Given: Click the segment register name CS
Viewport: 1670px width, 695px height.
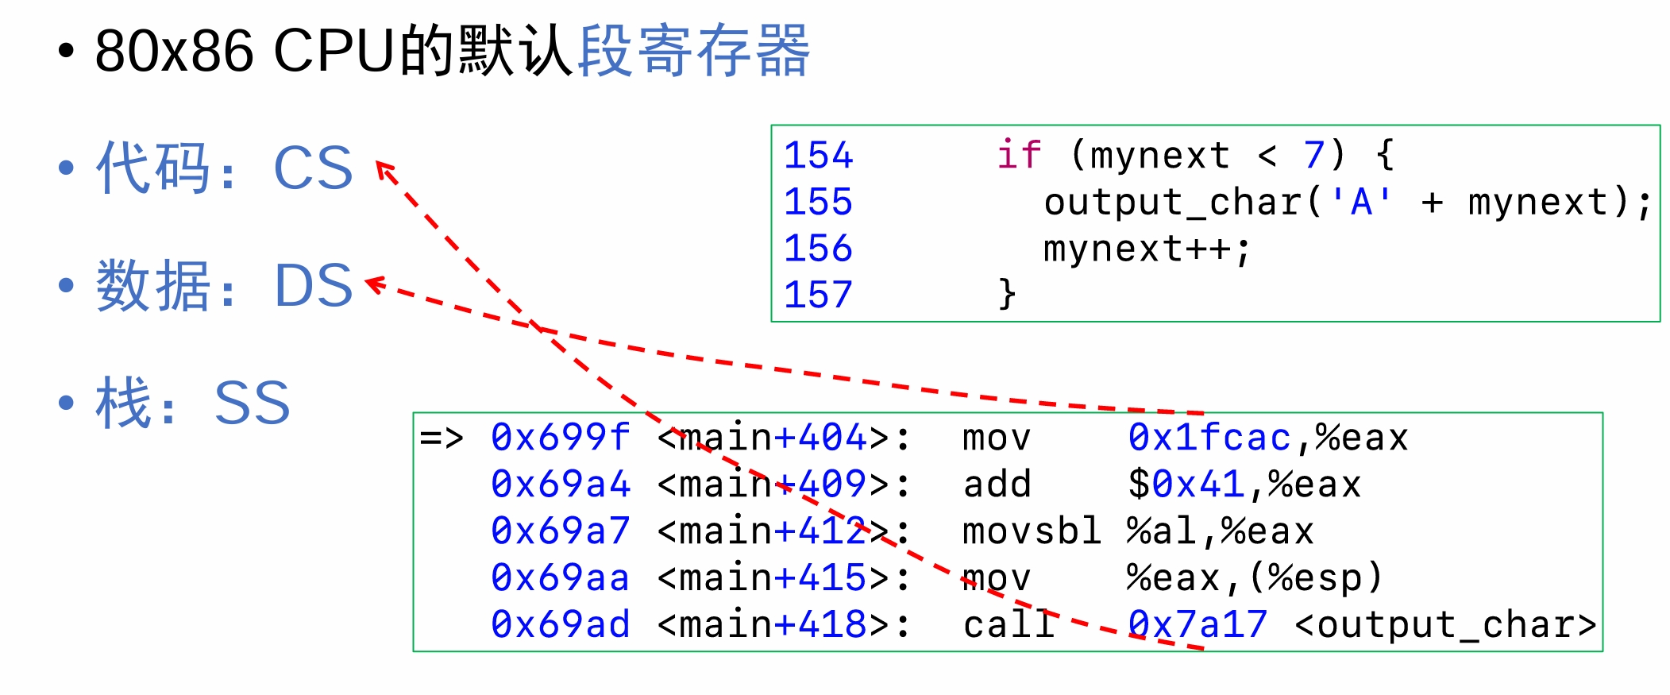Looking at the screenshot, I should coord(313,168).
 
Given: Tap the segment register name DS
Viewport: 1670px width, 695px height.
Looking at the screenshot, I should coord(313,285).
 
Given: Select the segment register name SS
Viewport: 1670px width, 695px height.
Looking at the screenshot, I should coord(252,403).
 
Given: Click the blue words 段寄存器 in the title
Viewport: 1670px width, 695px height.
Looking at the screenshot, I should coord(693,51).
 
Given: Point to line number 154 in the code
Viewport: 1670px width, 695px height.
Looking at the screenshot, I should coord(818,155).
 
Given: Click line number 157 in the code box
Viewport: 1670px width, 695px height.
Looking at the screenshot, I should coord(818,295).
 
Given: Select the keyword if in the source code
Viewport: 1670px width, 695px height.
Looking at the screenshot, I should coord(1019,154).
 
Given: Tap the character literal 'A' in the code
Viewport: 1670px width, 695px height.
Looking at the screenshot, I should coord(1361,202).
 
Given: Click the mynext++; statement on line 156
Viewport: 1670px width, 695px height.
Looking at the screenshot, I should coord(1147,249).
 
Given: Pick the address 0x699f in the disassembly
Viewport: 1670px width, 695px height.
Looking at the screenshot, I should coord(560,438).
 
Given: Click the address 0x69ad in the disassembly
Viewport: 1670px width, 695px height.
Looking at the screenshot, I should coord(560,624).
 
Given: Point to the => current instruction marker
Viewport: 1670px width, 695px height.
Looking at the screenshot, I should coord(441,438).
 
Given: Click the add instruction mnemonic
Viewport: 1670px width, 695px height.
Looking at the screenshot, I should coord(997,485).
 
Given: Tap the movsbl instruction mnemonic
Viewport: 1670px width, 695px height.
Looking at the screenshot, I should coord(1031,531).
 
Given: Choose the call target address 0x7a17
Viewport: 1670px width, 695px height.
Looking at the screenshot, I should coord(1198,624).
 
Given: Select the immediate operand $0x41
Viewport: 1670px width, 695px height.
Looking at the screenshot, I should coord(1186,485).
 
